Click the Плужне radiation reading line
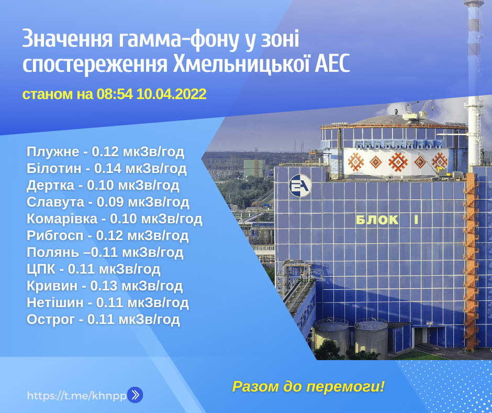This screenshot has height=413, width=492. pos(105,152)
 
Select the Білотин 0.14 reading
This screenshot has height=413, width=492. pos(107,168)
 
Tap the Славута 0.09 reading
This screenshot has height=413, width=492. pos(108,202)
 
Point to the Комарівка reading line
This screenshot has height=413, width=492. pos(115,219)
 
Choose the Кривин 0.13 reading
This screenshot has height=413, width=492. pos(105,286)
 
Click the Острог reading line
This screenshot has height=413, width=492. pos(103,319)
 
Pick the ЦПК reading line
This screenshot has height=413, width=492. pos(94,269)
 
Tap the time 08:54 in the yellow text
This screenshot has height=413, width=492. pos(115,94)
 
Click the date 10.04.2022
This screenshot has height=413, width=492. pos(171,94)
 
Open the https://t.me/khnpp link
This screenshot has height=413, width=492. pos(77,395)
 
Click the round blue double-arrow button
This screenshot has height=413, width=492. pos(135,395)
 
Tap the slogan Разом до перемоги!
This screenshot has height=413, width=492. pos(308,387)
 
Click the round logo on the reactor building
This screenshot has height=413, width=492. pos(300,186)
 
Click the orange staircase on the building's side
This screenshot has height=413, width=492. pos(471,261)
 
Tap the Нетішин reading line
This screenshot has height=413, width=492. pos(108,303)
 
